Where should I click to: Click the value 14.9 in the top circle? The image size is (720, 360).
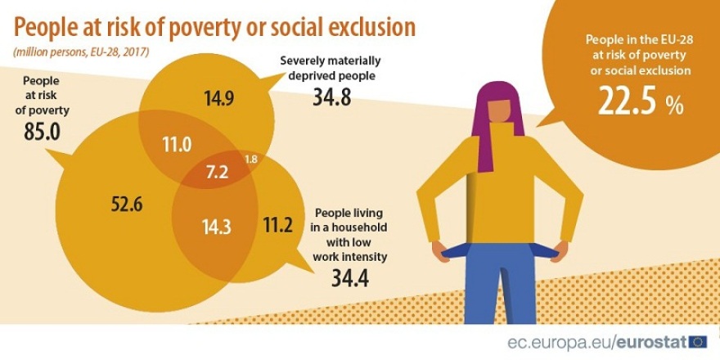(x=219, y=100)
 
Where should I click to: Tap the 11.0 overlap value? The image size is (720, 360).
(x=176, y=145)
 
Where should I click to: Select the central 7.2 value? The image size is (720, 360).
(x=217, y=172)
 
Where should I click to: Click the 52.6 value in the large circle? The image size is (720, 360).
(x=127, y=205)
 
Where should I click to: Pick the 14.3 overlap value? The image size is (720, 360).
(x=217, y=227)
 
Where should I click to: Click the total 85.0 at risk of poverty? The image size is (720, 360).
(x=43, y=132)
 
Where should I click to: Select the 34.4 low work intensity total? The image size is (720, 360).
(x=349, y=279)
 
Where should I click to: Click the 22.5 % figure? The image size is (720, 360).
(x=639, y=101)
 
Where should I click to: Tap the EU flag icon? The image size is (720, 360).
(x=698, y=342)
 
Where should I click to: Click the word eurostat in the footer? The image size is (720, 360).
(x=650, y=342)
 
